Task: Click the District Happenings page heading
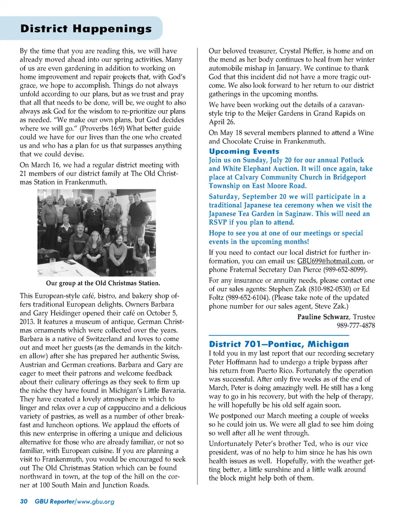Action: coord(86,28)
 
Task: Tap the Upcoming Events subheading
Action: coord(244,151)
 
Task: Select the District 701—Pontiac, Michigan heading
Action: coord(278,344)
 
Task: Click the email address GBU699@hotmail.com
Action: coord(330,261)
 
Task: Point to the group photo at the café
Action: coord(96,233)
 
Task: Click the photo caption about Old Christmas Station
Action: coord(103,283)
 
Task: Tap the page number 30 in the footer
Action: coord(24,501)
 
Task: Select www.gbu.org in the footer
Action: coord(96,501)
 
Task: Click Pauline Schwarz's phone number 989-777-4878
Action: coord(356,325)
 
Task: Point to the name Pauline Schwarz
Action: coord(323,317)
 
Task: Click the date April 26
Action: coord(222,122)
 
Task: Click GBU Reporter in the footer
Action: coord(54,501)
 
